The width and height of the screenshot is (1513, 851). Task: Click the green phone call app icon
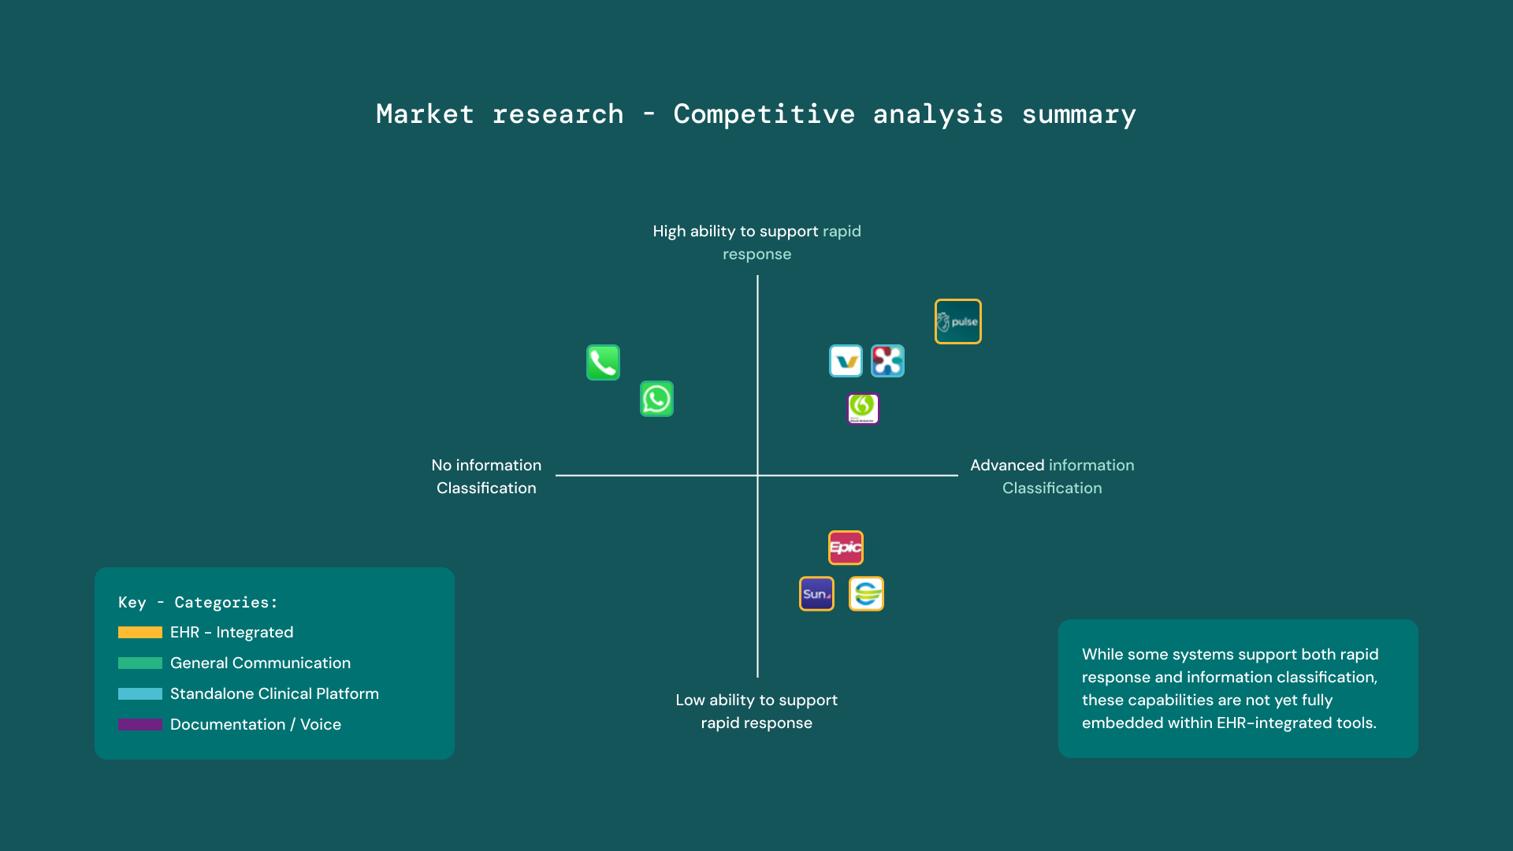[603, 362]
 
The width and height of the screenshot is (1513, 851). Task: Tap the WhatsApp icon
[656, 399]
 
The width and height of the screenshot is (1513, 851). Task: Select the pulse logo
[957, 321]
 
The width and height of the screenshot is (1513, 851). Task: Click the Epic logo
[846, 548]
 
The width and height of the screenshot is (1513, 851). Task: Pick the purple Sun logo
[816, 593]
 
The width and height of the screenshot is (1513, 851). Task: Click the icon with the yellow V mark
[846, 361]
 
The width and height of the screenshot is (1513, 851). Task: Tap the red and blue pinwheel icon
[887, 361]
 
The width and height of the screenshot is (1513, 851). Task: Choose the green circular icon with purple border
[863, 408]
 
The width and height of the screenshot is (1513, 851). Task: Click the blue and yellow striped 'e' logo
[866, 593]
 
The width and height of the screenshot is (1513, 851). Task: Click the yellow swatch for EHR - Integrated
[140, 632]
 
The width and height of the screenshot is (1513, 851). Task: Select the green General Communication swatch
[140, 663]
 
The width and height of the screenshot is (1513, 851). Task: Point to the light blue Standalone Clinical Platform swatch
[140, 693]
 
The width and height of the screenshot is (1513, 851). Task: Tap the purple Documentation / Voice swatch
[140, 724]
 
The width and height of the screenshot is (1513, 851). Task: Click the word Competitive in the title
[764, 114]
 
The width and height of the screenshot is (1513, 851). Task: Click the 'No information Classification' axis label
[486, 476]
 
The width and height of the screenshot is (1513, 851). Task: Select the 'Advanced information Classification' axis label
[1052, 476]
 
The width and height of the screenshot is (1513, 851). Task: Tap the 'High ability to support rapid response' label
[756, 242]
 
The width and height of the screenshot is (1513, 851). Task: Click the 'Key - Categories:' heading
[198, 602]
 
